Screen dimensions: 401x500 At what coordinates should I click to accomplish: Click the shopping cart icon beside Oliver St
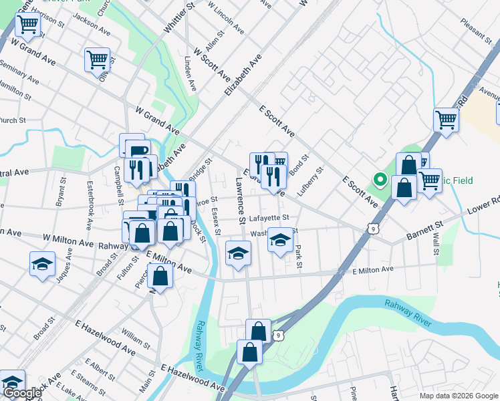pyautogui.click(x=97, y=59)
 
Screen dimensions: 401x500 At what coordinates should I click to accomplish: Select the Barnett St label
pyautogui.click(x=425, y=231)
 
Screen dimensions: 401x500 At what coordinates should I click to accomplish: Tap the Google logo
pyautogui.click(x=21, y=394)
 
